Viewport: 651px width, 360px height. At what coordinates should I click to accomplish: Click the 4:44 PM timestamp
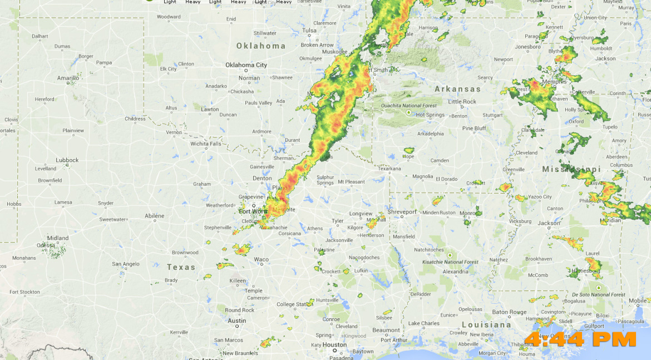[580, 338]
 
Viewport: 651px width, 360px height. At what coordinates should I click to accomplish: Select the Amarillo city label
[68, 78]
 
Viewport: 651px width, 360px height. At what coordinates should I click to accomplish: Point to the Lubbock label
[67, 160]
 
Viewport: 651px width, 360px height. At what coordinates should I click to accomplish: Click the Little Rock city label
[462, 102]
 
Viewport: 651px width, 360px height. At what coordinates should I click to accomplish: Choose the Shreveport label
[402, 212]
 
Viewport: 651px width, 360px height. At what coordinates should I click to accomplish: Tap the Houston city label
[334, 345]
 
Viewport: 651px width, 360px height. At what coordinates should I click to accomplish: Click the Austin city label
[236, 320]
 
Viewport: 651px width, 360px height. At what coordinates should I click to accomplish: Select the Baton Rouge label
[509, 312]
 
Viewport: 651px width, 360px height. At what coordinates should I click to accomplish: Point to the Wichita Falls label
[206, 144]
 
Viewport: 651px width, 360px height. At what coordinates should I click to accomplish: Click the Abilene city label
[154, 216]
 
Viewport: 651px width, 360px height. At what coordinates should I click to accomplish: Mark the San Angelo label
[126, 264]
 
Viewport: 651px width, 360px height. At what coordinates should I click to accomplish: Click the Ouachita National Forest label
[408, 106]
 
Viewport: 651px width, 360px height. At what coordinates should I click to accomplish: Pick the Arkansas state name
[457, 89]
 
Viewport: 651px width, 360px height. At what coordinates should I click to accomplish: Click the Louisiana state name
[486, 324]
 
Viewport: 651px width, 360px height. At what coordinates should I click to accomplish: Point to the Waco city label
[261, 259]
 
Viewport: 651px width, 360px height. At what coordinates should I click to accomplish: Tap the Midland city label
[58, 238]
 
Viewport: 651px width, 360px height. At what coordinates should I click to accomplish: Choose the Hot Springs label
[430, 115]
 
